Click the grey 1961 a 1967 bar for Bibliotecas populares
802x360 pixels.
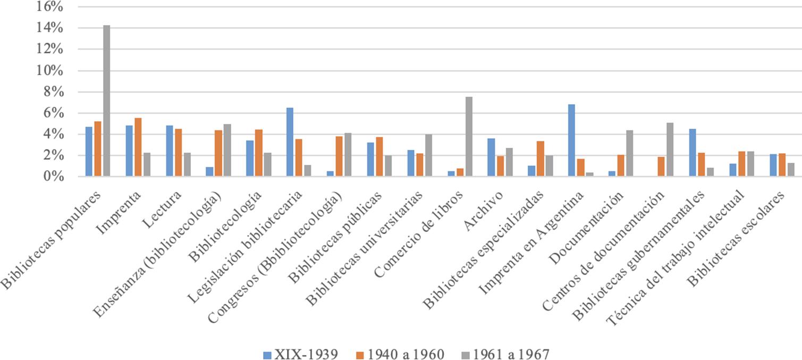pos(106,101)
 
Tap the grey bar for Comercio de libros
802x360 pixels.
pos(469,137)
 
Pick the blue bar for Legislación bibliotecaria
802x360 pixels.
pos(289,142)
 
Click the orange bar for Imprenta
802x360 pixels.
pos(138,147)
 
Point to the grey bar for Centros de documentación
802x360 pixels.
pos(670,150)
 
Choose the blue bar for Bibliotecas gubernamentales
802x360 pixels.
pos(693,153)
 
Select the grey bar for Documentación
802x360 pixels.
pos(630,153)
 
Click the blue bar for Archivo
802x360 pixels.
pos(491,157)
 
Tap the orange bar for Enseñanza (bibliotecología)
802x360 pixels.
pos(218,153)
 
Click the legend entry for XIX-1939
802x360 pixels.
pos(300,353)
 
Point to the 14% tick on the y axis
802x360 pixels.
pos(51,28)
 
